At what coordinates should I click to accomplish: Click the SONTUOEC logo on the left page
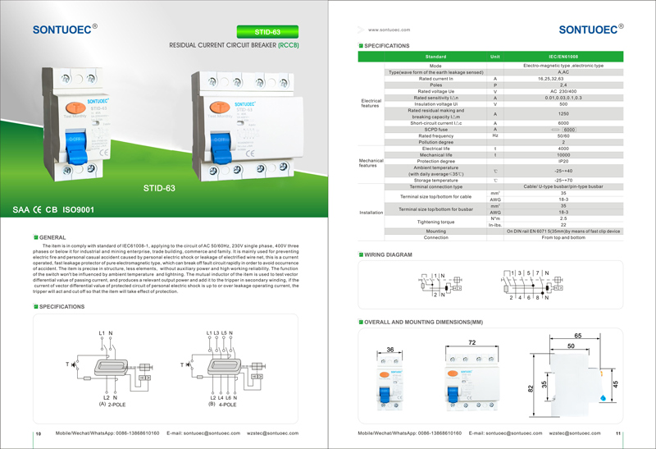pyautogui.click(x=65, y=30)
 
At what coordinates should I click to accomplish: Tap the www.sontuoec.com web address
pyautogui.click(x=389, y=29)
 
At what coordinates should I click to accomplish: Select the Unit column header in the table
pyautogui.click(x=494, y=56)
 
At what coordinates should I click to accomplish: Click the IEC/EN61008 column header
pyautogui.click(x=563, y=56)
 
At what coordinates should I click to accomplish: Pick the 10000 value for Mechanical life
pyautogui.click(x=563, y=154)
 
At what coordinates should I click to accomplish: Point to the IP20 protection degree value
pyautogui.click(x=563, y=161)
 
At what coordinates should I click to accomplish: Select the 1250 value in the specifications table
pyautogui.click(x=563, y=113)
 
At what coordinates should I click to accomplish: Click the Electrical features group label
pyautogui.click(x=371, y=103)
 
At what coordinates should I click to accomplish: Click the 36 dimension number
pyautogui.click(x=390, y=350)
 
